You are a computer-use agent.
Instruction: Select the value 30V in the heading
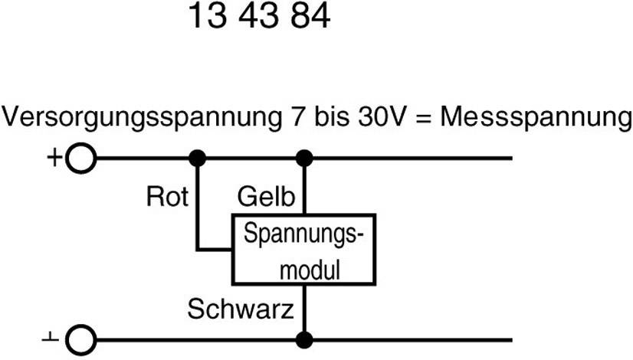pos(385,119)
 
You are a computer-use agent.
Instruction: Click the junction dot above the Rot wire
pos(197,159)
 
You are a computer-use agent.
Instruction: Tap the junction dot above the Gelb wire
pos(305,159)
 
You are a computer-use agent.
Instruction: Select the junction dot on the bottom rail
pos(305,339)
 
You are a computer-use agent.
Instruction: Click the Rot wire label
pos(167,197)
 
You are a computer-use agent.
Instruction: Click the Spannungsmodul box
pos(303,250)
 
